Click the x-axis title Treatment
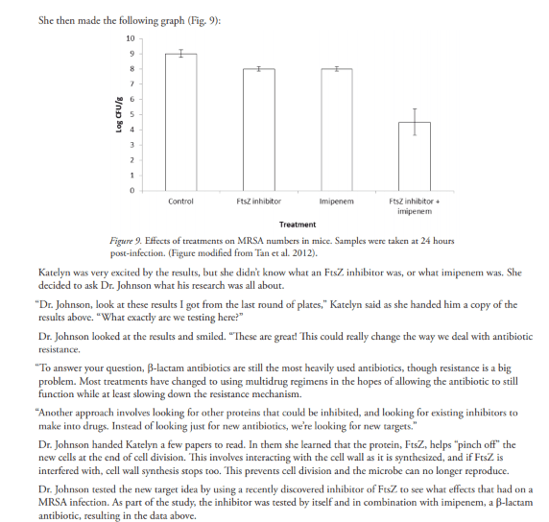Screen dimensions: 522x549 pos(297,225)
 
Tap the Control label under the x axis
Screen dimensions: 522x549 pos(180,202)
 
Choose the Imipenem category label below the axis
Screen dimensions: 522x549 pos(335,202)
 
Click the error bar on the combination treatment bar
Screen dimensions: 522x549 pos(414,122)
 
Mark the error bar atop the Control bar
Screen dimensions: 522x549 pos(180,54)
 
